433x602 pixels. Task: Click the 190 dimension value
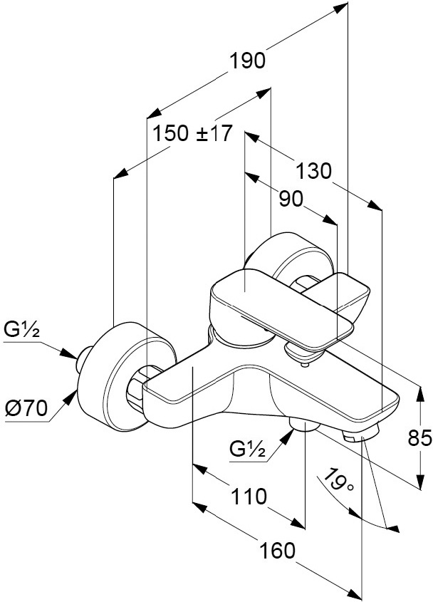click(x=246, y=61)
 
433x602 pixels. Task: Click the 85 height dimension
click(x=420, y=439)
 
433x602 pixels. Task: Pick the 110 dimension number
click(x=249, y=497)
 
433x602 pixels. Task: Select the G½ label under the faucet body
click(x=247, y=449)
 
